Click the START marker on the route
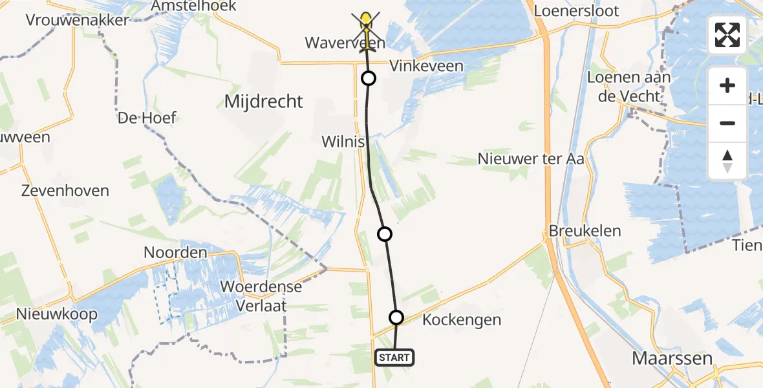coord(394,358)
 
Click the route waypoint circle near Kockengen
coord(396,318)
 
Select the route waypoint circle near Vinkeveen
coord(368,79)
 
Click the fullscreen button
coord(727,34)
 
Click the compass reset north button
coord(727,161)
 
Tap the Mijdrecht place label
coord(263,102)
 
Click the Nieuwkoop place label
coord(58,315)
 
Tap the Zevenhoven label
coord(65,191)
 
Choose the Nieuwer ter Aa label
coord(531,158)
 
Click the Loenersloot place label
coord(576,11)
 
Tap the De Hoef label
coord(147,118)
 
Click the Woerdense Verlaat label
coord(261,295)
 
